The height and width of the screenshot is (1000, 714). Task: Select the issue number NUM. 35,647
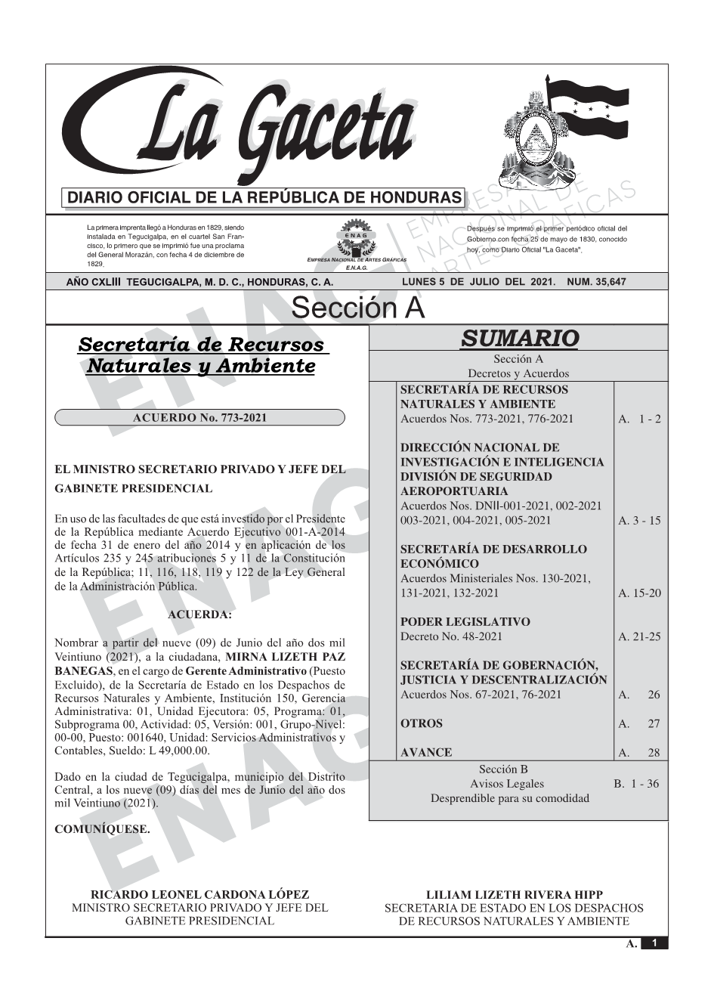click(x=596, y=282)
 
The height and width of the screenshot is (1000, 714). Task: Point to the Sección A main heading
click(x=357, y=308)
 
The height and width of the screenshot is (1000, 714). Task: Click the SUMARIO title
click(x=519, y=338)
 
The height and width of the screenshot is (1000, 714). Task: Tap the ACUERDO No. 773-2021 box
click(x=199, y=417)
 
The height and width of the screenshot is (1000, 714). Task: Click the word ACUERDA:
click(x=199, y=615)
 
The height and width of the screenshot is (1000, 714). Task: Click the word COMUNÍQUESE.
click(x=102, y=828)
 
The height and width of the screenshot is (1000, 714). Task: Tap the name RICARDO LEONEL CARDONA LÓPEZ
click(x=199, y=894)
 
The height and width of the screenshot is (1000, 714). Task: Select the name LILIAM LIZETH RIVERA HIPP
click(x=515, y=894)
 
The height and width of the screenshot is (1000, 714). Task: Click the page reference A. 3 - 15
click(x=639, y=520)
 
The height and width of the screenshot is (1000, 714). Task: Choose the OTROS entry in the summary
click(x=422, y=723)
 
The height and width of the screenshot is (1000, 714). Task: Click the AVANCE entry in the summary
click(x=426, y=752)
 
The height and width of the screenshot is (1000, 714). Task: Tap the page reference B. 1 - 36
click(x=636, y=784)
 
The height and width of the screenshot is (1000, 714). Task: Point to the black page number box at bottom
click(x=654, y=943)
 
